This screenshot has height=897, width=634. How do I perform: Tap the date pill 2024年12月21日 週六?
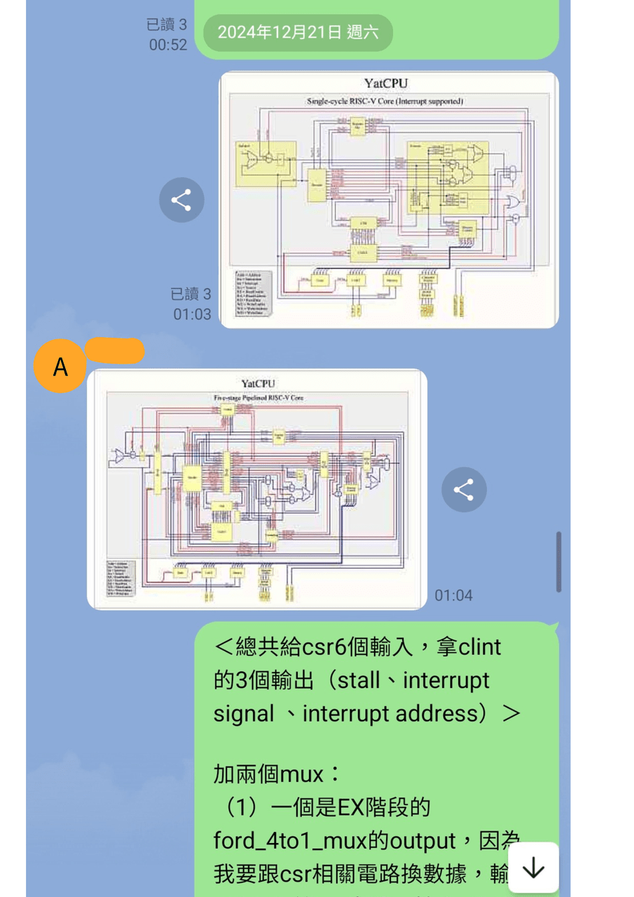pyautogui.click(x=298, y=32)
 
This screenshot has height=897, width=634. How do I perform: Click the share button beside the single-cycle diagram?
pyautogui.click(x=181, y=200)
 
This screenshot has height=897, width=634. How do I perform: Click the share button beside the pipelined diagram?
pyautogui.click(x=464, y=489)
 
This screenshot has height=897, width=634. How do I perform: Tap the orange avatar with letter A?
pyautogui.click(x=60, y=367)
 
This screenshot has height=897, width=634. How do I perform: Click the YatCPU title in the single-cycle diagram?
pyautogui.click(x=386, y=84)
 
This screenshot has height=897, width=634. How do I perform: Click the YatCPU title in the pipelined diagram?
pyautogui.click(x=258, y=383)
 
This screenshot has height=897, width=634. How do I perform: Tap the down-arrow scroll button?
pyautogui.click(x=533, y=868)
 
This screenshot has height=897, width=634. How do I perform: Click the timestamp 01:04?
pyautogui.click(x=453, y=596)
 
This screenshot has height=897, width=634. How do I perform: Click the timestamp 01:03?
pyautogui.click(x=192, y=314)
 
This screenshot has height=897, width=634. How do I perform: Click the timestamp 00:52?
pyautogui.click(x=168, y=45)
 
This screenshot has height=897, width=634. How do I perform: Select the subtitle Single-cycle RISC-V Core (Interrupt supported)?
pyautogui.click(x=385, y=101)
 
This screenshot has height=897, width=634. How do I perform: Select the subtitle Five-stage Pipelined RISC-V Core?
pyautogui.click(x=259, y=397)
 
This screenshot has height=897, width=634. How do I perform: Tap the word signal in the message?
pyautogui.click(x=244, y=713)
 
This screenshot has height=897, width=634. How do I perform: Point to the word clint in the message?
pyautogui.click(x=480, y=646)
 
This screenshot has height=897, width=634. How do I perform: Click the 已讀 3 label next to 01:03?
pyautogui.click(x=191, y=294)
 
